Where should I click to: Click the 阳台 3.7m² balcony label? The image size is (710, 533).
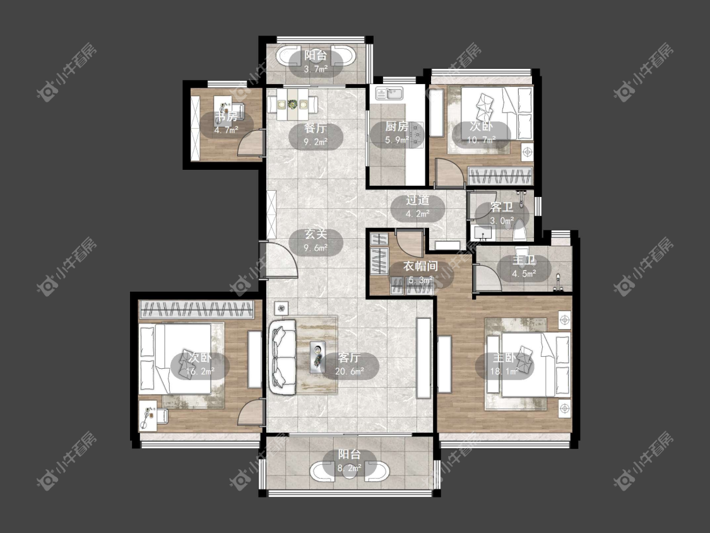316,63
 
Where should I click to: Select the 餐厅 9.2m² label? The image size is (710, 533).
316,135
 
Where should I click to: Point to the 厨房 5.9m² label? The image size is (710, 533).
397,133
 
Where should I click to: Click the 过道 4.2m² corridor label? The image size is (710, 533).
418,207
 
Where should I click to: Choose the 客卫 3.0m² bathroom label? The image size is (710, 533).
502,213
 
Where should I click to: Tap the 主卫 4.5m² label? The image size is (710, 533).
524,266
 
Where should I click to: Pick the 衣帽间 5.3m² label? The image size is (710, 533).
420,273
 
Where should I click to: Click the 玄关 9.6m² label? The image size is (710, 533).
316,241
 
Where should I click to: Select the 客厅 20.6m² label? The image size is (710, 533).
350,364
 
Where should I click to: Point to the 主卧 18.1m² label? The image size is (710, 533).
504,364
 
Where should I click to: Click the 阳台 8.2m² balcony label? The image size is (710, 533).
350,462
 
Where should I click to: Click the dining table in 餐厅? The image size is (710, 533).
292,105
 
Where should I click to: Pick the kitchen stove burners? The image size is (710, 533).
416,134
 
